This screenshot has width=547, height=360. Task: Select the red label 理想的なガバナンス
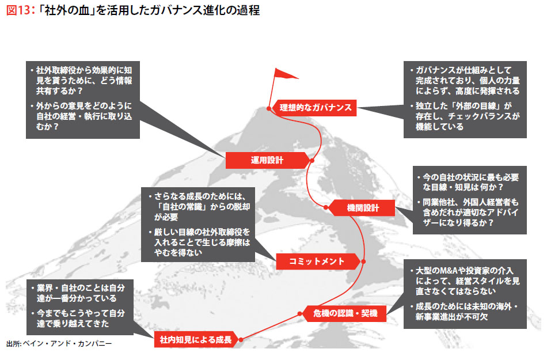pyautogui.click(x=315, y=107)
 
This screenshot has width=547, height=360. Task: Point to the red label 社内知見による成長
pyautogui.click(x=196, y=340)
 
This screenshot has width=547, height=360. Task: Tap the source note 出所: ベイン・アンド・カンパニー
pyautogui.click(x=59, y=344)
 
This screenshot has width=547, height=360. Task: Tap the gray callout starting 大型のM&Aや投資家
pyautogui.click(x=465, y=294)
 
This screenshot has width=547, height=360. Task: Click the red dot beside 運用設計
pyautogui.click(x=310, y=160)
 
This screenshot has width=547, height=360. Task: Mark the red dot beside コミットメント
pyautogui.click(x=362, y=261)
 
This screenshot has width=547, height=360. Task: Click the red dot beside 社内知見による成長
pyautogui.click(x=240, y=340)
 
